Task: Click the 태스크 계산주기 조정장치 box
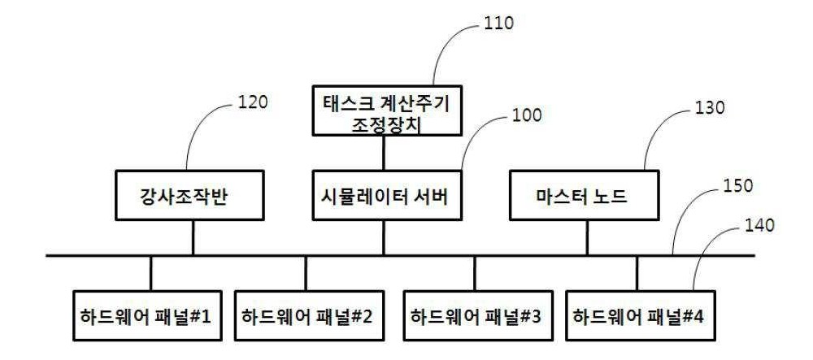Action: coord(387,111)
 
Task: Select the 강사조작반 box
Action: coord(190,195)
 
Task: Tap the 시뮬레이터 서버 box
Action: coord(387,195)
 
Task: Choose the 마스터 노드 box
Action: coord(585,195)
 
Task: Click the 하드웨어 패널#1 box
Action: coord(146,315)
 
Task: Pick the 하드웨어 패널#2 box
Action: coord(308,315)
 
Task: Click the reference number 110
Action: coord(498,24)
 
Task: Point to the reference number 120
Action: coord(253,102)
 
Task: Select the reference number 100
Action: coord(527,115)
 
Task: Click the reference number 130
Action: coord(709,108)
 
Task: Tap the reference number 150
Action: coord(738,185)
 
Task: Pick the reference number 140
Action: coord(759,224)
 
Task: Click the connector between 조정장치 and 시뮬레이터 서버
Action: coord(384,154)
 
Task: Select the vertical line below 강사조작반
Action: coord(193,238)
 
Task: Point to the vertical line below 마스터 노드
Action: coord(587,238)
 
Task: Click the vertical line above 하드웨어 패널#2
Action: coord(306,273)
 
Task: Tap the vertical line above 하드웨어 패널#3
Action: coord(475,273)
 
